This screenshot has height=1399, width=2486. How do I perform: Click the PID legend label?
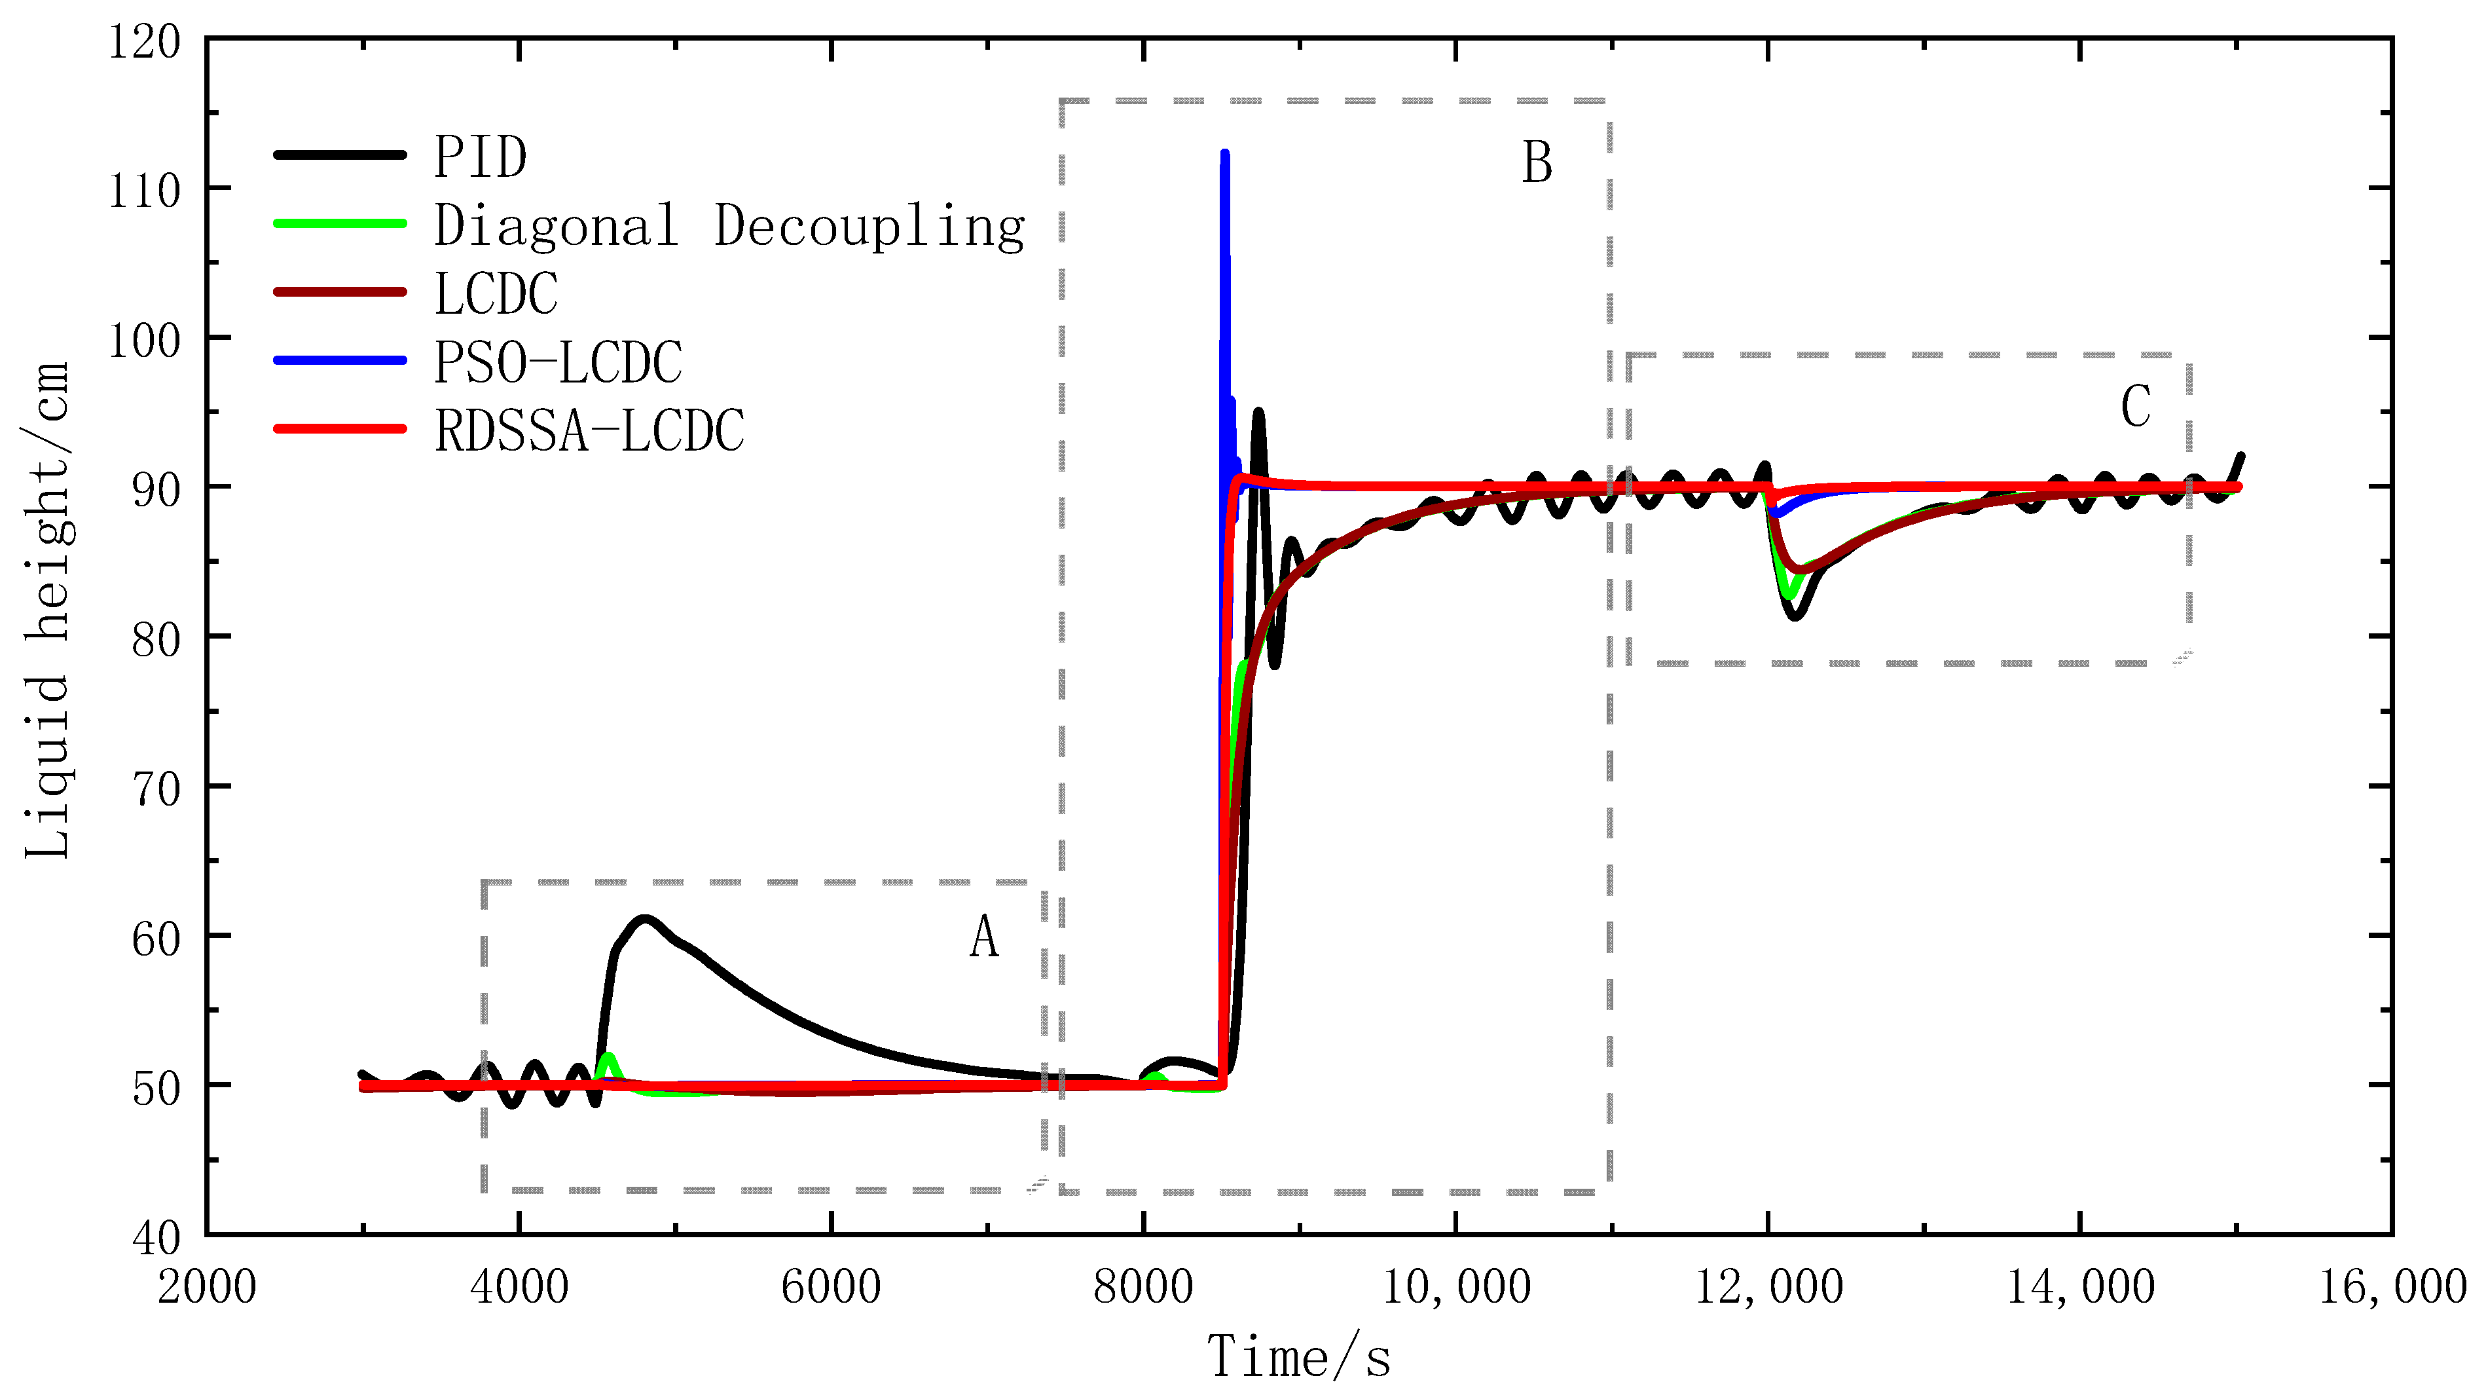click(x=480, y=157)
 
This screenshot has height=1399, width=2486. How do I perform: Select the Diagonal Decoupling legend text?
click(x=729, y=226)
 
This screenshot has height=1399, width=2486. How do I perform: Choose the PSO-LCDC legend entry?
click(x=558, y=362)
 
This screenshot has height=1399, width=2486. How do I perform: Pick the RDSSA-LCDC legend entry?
click(x=589, y=430)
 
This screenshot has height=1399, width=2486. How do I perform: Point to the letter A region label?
click(x=983, y=937)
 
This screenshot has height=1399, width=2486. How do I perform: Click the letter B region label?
click(x=1537, y=162)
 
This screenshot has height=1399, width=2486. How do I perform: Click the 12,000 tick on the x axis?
click(x=1768, y=1287)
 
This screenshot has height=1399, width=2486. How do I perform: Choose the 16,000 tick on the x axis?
click(x=2392, y=1287)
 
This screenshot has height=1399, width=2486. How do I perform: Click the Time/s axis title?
click(x=1299, y=1356)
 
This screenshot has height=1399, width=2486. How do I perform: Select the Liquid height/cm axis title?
click(x=46, y=610)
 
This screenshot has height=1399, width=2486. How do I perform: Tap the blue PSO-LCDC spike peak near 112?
click(x=1224, y=155)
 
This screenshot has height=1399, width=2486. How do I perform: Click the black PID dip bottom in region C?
click(x=1795, y=614)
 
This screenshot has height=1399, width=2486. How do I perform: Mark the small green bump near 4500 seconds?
click(x=607, y=1058)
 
